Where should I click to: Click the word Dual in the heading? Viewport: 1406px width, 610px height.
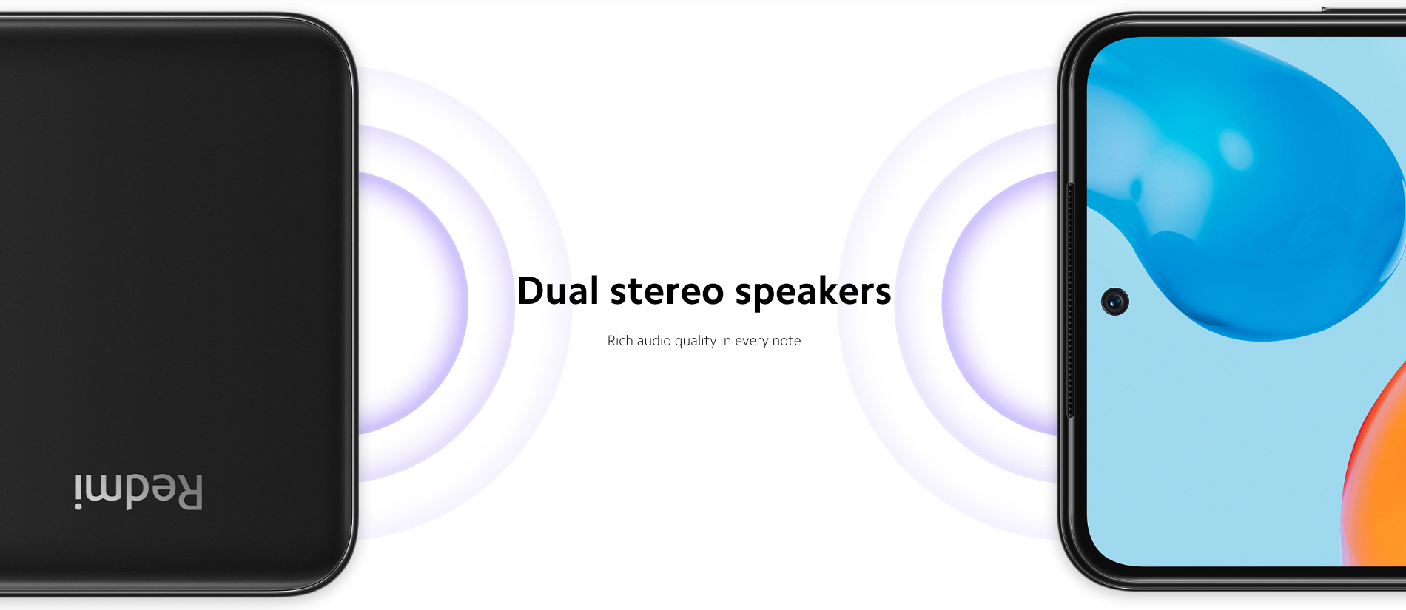tap(558, 291)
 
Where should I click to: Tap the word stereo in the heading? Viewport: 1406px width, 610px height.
tap(667, 291)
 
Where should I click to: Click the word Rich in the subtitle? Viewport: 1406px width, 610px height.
tap(620, 341)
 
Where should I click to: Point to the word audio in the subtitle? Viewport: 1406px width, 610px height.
tap(654, 341)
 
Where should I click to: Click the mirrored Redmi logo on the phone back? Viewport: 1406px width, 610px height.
tap(138, 492)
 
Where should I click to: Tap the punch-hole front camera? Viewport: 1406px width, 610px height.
tap(1115, 302)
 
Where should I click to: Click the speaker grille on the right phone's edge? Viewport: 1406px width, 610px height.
tap(1071, 299)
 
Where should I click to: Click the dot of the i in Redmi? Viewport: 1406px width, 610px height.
tap(78, 506)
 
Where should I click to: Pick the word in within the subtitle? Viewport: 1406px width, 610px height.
tap(726, 341)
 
